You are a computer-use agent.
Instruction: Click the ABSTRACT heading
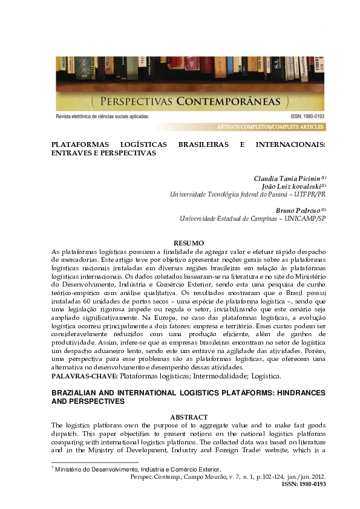(189, 417)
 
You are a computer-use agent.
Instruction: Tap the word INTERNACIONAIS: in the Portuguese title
(291, 145)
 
